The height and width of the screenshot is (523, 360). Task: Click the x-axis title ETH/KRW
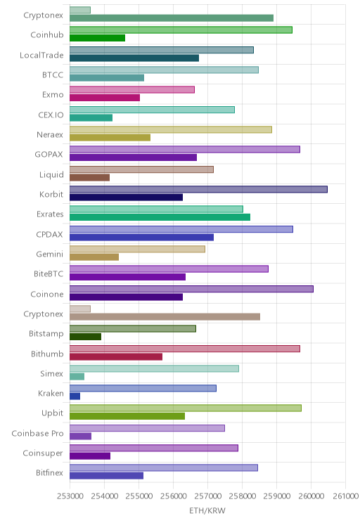[x=207, y=510]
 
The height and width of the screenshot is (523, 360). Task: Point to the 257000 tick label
[x=207, y=496]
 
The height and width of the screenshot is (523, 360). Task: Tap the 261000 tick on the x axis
[x=345, y=496]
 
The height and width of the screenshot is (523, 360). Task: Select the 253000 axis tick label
[x=70, y=496]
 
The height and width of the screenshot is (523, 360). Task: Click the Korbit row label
[x=51, y=194]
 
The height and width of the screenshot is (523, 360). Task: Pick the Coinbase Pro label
[x=37, y=433]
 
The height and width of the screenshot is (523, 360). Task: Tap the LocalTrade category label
[x=41, y=55]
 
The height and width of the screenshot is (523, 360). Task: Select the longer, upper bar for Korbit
[x=198, y=190]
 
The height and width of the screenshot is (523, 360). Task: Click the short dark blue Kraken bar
[x=75, y=396]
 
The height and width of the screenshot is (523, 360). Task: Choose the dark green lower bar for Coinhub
[x=98, y=38]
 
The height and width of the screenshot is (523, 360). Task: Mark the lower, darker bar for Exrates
[x=160, y=217]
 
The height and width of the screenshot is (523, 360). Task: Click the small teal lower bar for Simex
[x=77, y=377]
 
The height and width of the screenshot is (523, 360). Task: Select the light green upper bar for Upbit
[x=186, y=408]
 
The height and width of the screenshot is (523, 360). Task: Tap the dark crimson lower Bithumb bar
[x=116, y=357]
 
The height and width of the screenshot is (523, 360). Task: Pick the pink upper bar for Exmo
[x=132, y=90]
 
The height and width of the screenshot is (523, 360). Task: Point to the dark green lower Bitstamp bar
[x=85, y=337]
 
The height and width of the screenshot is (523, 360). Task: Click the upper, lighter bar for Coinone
[x=191, y=289]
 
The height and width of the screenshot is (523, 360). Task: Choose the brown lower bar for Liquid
[x=89, y=177]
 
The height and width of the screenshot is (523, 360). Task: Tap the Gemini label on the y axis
[x=50, y=254]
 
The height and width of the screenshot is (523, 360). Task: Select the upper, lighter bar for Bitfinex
[x=164, y=467]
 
